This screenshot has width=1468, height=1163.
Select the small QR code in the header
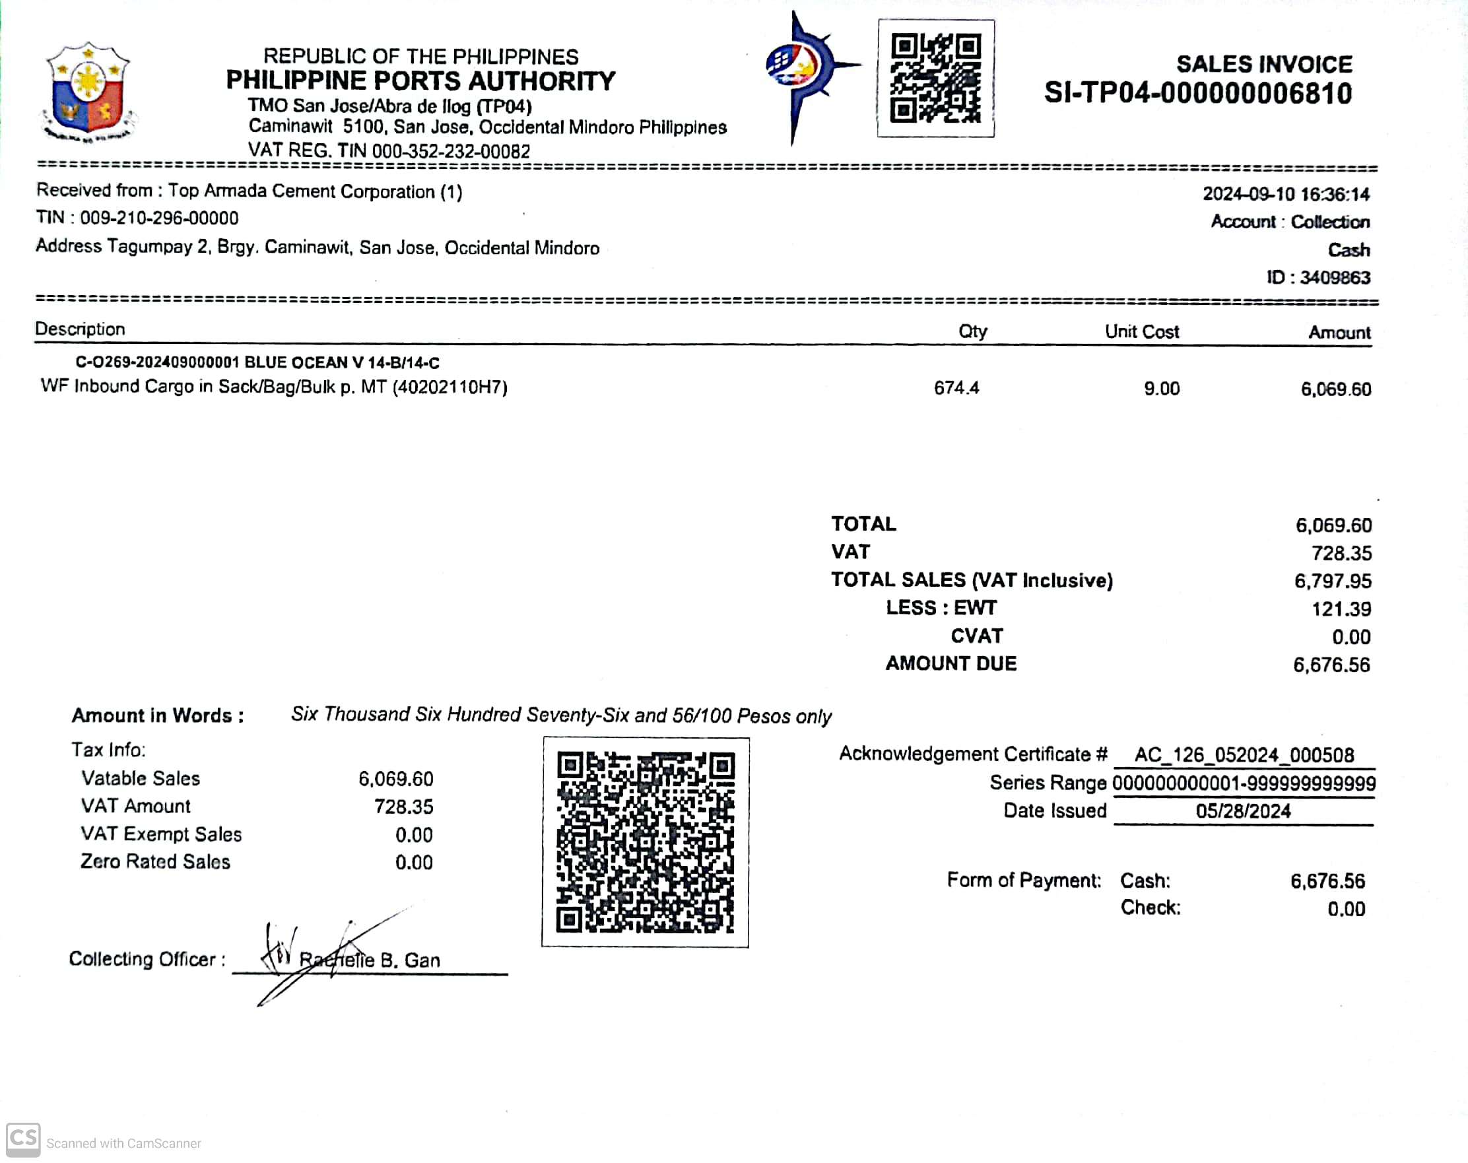pos(935,78)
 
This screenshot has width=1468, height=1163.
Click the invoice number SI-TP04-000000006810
pos(1197,93)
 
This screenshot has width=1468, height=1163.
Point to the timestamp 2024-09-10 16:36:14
pos(1286,195)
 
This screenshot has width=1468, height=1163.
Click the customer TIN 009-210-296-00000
pos(158,218)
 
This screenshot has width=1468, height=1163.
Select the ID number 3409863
pos(1335,278)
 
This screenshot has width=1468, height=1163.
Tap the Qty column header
pos(972,331)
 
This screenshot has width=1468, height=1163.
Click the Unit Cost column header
pos(1141,331)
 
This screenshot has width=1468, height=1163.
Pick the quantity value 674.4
pos(956,388)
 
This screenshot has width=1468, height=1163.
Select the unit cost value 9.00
pos(1161,389)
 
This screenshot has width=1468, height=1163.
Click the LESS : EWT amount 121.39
pos(1341,609)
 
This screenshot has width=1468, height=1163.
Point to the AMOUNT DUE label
pos(951,664)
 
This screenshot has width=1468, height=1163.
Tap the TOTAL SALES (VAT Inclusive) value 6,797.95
pos(1333,581)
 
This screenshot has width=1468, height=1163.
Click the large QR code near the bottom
pos(645,842)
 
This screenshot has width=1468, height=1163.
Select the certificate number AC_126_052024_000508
pos(1244,755)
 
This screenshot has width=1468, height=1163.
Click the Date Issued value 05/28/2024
pos(1243,812)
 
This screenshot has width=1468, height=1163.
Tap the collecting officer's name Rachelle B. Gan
pos(370,961)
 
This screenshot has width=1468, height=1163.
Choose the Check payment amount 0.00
pos(1345,910)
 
